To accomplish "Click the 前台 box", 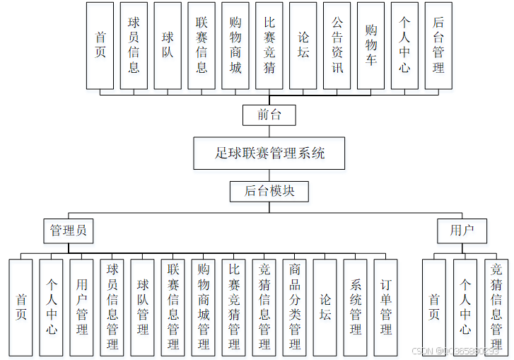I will coord(269,115).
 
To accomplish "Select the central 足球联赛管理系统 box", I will coord(269,153).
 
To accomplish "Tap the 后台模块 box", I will coord(269,191).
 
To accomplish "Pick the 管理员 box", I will coord(69,230).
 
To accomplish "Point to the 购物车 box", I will coord(371,45).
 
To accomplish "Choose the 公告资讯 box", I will coord(337,45).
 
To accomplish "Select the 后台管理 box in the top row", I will coord(438,45).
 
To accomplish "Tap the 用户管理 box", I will coord(82,307).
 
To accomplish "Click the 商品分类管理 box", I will coord(295,307).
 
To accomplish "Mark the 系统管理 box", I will coord(356,307).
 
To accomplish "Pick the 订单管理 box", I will coord(386,307).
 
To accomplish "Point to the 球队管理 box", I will coord(143,307).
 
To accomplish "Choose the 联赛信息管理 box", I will coord(173,307).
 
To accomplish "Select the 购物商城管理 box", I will coord(204,307).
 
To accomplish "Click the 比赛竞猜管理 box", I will coord(234,307).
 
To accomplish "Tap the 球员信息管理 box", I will coord(112,307).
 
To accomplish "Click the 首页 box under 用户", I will coord(434,307).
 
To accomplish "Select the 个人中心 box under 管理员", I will coord(52,307).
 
